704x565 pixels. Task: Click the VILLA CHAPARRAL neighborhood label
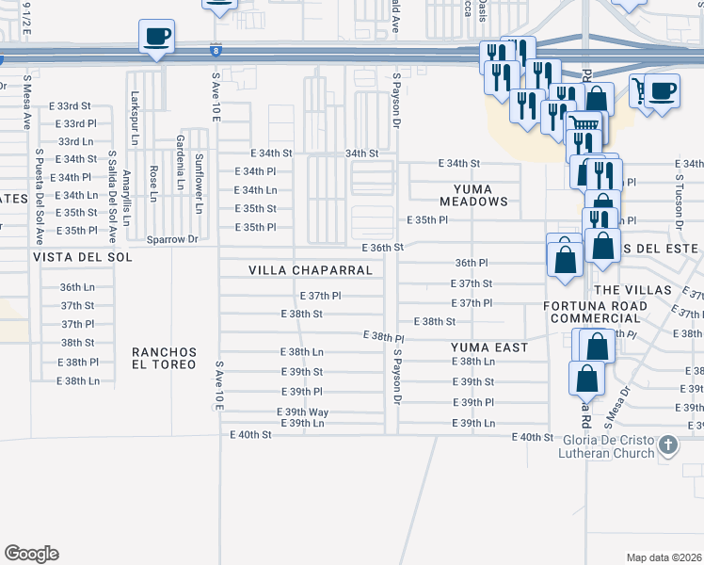(x=311, y=270)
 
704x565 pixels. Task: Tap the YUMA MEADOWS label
(x=479, y=195)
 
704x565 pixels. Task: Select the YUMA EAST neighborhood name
(x=488, y=347)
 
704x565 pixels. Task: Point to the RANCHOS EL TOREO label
(x=165, y=358)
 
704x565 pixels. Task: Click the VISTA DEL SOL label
(x=72, y=257)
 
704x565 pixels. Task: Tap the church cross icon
(x=667, y=444)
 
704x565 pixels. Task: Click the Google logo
(x=31, y=554)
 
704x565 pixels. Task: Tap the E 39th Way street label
(x=302, y=412)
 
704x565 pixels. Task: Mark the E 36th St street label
(x=383, y=248)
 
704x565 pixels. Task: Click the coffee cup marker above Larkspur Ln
(x=156, y=38)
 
